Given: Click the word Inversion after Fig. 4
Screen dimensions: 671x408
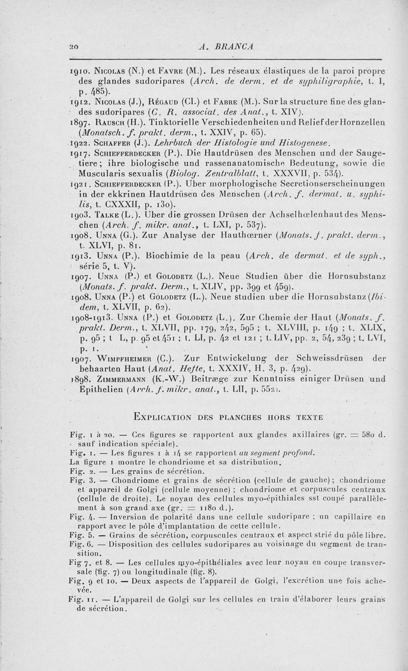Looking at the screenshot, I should [119, 517].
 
